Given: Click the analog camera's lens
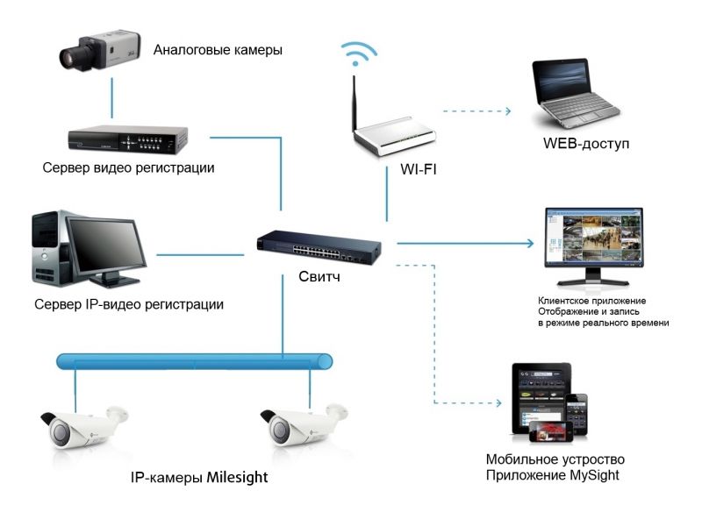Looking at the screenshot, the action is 72,57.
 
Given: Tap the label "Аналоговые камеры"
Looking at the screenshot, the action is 218,50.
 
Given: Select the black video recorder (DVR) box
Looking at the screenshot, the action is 127,139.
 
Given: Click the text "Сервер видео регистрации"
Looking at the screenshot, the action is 128,167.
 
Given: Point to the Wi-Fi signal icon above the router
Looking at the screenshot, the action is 358,53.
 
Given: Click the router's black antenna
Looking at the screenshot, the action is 354,103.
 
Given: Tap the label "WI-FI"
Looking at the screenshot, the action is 419,169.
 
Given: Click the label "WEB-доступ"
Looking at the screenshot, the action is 586,144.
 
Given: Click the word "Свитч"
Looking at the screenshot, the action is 319,276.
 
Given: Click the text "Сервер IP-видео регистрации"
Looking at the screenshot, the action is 129,304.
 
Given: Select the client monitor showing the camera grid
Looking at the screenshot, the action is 594,246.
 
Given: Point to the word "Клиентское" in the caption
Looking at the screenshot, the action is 562,301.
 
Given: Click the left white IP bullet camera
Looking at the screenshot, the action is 82,428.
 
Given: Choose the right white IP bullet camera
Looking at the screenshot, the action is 303,425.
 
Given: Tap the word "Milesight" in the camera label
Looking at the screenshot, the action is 237,477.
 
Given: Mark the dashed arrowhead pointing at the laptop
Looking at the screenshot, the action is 508,110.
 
